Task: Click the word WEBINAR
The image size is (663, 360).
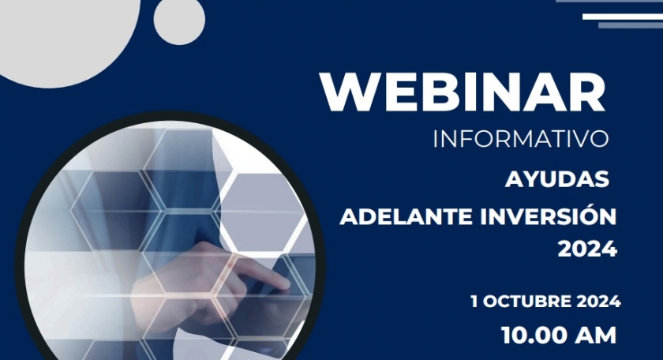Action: coord(463,92)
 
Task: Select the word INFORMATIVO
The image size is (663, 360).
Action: coord(521,139)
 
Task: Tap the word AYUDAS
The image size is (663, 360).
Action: coord(556,180)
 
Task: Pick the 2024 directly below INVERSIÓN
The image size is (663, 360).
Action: coord(587,249)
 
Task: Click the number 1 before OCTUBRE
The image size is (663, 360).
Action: coord(474,302)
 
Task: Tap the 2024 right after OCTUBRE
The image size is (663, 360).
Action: coord(597,302)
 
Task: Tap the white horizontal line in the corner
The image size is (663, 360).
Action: coord(622,15)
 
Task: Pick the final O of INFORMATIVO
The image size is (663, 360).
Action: coord(599,139)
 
